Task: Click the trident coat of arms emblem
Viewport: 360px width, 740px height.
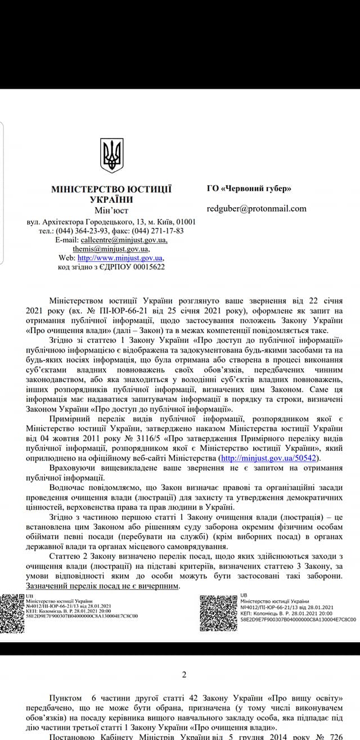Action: pyautogui.click(x=111, y=156)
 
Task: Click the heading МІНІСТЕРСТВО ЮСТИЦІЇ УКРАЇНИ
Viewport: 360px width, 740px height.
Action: pyautogui.click(x=111, y=194)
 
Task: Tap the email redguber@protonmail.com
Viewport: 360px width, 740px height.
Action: pyautogui.click(x=256, y=208)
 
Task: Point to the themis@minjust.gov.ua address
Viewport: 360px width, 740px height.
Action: pyautogui.click(x=111, y=249)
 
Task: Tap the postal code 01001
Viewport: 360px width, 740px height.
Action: pyautogui.click(x=185, y=222)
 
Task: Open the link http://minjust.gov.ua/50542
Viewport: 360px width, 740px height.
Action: pyautogui.click(x=270, y=459)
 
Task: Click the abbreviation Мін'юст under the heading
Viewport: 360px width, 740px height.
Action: pyautogui.click(x=111, y=210)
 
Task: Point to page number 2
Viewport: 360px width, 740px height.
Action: pyautogui.click(x=183, y=675)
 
